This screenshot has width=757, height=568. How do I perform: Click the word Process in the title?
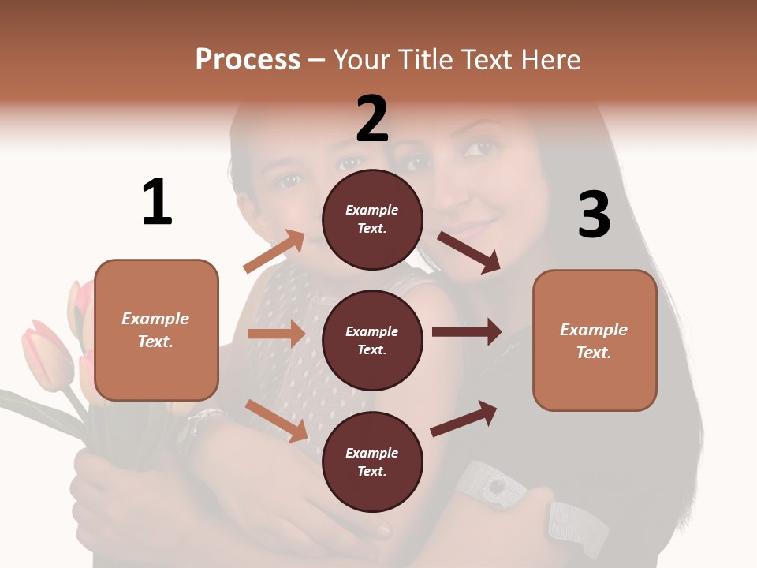(248, 60)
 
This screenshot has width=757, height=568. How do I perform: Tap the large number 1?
(157, 202)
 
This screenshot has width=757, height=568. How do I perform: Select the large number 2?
(372, 119)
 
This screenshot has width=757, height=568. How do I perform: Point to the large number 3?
(594, 215)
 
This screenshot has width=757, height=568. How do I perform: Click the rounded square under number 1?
(156, 330)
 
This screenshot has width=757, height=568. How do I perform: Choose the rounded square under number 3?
(595, 340)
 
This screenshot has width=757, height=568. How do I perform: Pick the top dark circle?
(372, 219)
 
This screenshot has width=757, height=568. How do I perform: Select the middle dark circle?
(372, 340)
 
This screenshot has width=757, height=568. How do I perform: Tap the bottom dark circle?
(372, 461)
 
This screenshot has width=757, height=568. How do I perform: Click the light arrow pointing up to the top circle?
(274, 252)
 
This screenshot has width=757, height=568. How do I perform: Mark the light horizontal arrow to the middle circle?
(276, 334)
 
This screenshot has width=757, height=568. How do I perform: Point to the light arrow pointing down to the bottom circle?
(276, 420)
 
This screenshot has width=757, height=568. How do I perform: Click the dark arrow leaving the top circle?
(468, 252)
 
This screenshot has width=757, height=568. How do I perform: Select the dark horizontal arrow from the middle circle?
(466, 332)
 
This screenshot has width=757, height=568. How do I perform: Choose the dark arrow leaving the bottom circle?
(464, 419)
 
